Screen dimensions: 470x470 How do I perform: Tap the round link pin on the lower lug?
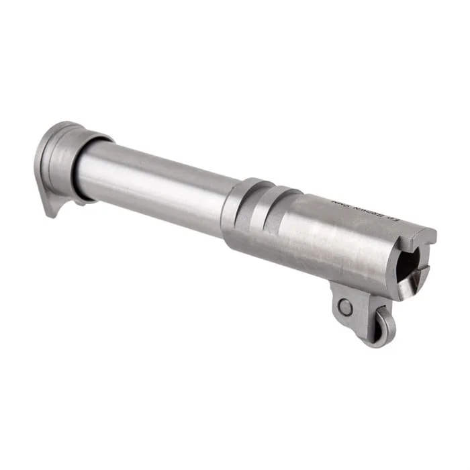tap(345, 308)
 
